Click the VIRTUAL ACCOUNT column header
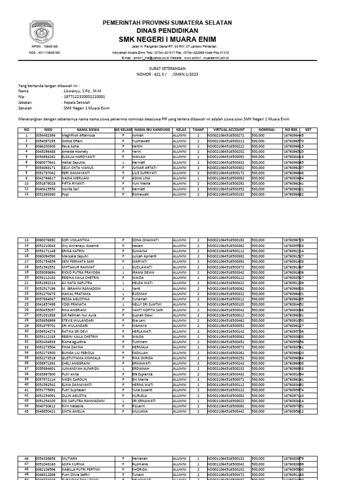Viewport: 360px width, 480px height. tap(229, 129)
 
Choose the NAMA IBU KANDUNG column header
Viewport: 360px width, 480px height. tap(151, 129)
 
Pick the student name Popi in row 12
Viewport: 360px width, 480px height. tap(65, 194)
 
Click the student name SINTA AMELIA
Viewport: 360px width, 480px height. tap(73, 411)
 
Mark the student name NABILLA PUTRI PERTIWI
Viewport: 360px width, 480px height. tap(82, 469)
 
